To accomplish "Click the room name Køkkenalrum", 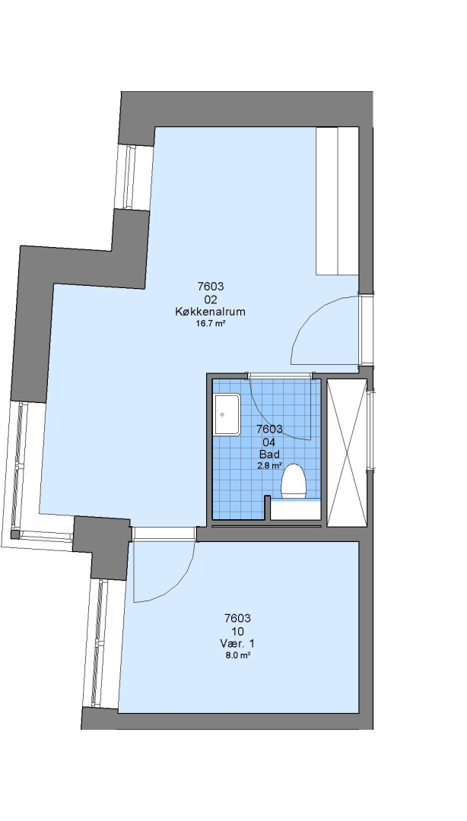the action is (210, 312).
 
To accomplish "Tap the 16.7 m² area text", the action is (210, 324).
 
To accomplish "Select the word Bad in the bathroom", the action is (269, 454).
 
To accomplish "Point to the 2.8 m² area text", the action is (269, 465).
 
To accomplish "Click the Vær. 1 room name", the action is (237, 644).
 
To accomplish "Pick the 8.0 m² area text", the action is (237, 655).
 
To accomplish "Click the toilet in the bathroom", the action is (294, 480).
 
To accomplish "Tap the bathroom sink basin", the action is (227, 415).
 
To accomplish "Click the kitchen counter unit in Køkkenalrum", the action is (337, 201).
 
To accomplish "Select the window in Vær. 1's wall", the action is (98, 643).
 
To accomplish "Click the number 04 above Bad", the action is (269, 442).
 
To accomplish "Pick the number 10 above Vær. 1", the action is (237, 632).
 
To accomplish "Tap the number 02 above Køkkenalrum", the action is (210, 300).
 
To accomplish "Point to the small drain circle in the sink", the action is (222, 415).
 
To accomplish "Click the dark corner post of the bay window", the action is (15, 534).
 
